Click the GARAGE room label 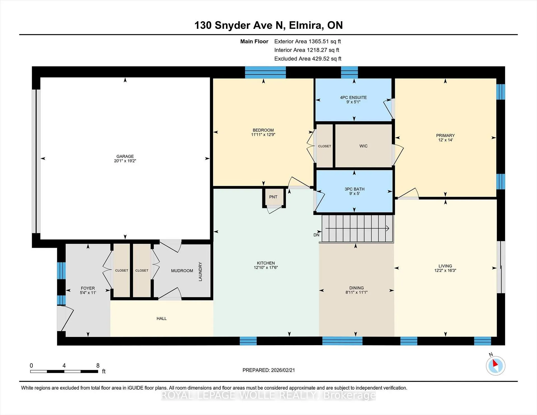(x=125, y=156)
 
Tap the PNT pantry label (x=273, y=197)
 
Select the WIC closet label (x=363, y=146)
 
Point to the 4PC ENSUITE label (x=353, y=97)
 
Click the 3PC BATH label (x=354, y=189)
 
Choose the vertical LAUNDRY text (x=200, y=272)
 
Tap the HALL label (x=162, y=319)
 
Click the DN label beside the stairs (x=316, y=235)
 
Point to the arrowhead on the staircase (x=388, y=228)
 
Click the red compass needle (x=495, y=363)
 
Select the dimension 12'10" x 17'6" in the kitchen (x=266, y=268)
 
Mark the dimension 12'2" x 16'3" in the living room (x=445, y=270)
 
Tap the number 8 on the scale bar (x=98, y=366)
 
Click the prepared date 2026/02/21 (x=283, y=370)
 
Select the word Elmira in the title (x=306, y=25)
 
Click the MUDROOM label (x=182, y=271)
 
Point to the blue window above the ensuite (x=349, y=72)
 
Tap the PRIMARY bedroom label (x=445, y=135)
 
